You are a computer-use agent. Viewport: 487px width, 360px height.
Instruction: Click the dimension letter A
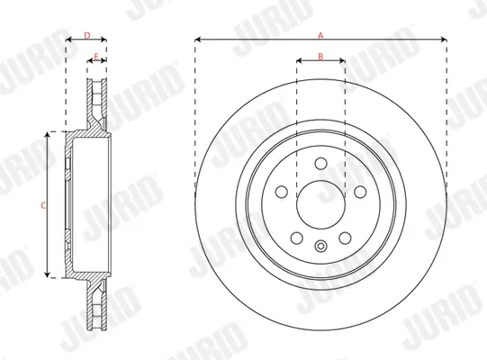coord(320,33)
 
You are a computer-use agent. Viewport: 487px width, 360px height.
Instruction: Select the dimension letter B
coord(320,56)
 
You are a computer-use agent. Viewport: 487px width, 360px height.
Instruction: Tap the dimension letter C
coord(42,205)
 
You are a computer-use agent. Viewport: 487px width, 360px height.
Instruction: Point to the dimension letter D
coord(86,34)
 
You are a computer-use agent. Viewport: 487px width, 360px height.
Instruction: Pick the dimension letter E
coord(96,56)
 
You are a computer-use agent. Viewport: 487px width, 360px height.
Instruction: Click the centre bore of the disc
coord(321,201)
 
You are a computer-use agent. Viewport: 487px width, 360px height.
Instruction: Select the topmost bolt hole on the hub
coord(321,164)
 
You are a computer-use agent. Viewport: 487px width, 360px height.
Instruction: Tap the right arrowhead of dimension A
coord(444,40)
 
